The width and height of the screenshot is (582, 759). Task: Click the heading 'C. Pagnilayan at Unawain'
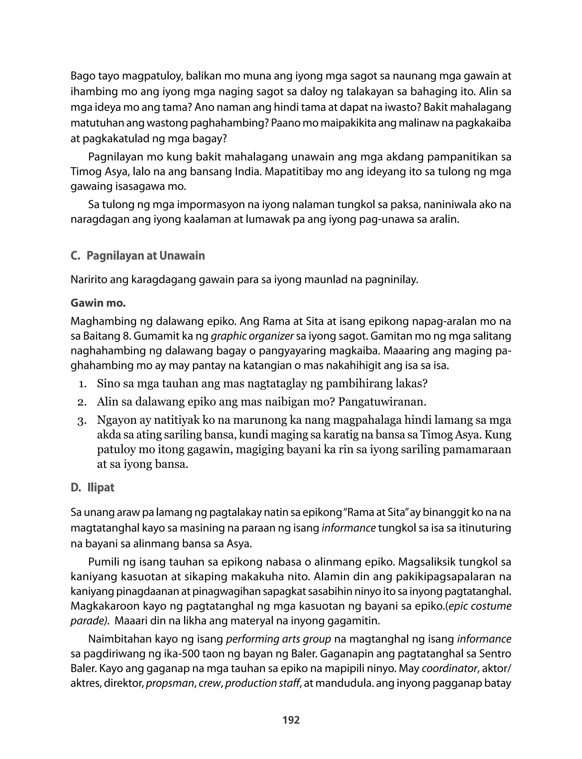138,256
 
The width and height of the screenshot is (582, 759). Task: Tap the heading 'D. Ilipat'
92,488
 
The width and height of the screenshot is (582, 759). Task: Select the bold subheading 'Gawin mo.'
98,303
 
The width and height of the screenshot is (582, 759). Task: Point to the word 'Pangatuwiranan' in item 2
382,402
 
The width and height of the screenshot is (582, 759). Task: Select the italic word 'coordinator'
450,668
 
